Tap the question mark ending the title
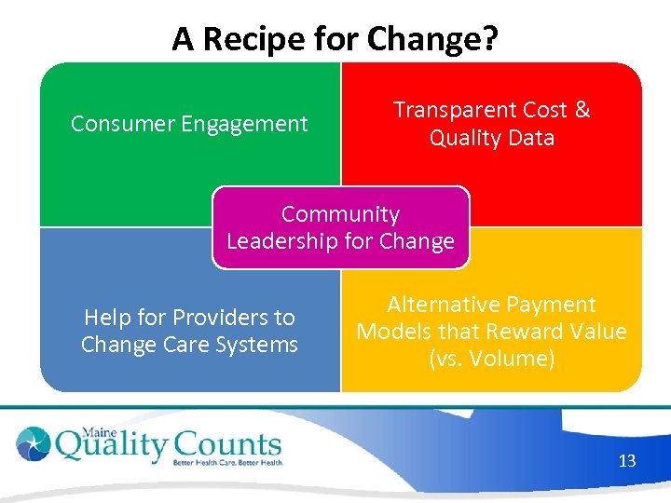[490, 39]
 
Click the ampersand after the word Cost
[582, 110]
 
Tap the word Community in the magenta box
[340, 214]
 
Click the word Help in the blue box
[107, 318]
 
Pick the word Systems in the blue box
[257, 345]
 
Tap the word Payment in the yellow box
[548, 305]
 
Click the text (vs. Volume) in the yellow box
[491, 359]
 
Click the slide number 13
[626, 460]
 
